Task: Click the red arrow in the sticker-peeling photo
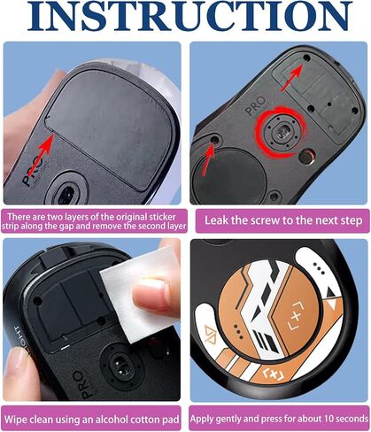tap(42, 154)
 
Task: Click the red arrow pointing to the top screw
tap(292, 78)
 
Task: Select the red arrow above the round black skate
tap(208, 158)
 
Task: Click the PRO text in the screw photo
tap(256, 106)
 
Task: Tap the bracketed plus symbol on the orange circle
tap(296, 316)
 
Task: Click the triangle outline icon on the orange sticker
tap(210, 333)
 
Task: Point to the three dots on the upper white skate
tap(320, 267)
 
